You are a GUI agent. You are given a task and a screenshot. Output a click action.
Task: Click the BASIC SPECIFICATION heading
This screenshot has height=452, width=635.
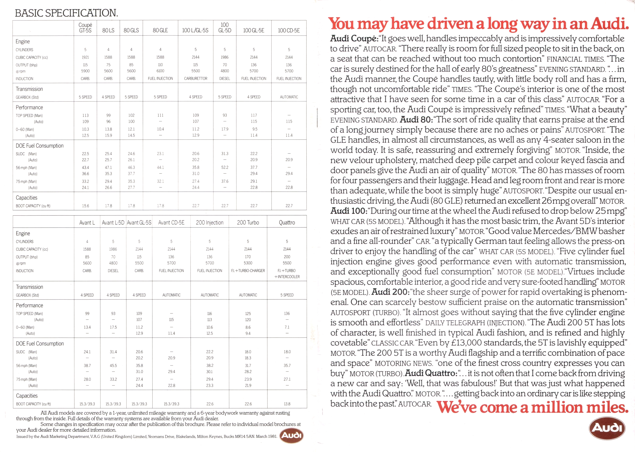click(x=66, y=13)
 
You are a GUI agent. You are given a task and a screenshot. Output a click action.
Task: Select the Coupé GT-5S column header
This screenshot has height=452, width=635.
click(x=85, y=28)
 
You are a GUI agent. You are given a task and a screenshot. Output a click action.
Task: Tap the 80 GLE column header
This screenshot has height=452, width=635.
click(x=160, y=30)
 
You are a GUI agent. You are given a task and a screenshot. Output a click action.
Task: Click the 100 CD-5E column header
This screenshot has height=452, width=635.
click(x=289, y=30)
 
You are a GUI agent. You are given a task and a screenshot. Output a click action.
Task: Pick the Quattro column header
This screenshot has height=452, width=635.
click(x=287, y=222)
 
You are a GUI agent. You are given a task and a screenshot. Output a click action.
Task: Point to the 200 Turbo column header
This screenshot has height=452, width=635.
click(x=248, y=222)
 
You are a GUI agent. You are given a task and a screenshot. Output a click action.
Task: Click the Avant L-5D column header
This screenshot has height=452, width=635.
click(x=113, y=222)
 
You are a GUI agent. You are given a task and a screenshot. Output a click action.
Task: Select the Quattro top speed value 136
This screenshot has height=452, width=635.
click(x=287, y=313)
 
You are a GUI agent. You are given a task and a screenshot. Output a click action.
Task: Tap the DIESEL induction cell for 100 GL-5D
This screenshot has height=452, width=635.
click(x=225, y=78)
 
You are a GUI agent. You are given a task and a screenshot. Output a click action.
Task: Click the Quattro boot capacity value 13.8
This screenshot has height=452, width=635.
click(x=287, y=404)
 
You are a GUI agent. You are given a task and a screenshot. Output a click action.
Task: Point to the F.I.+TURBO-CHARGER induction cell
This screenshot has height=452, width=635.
click(x=248, y=271)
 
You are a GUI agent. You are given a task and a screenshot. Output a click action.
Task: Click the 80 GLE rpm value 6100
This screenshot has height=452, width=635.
click(x=160, y=71)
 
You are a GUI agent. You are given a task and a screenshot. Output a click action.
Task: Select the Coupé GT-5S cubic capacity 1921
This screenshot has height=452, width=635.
click(x=85, y=57)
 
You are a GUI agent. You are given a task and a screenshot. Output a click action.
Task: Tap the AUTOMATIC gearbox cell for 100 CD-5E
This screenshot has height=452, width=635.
click(x=289, y=97)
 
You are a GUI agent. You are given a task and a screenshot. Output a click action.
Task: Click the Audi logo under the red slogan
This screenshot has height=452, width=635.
click(x=607, y=428)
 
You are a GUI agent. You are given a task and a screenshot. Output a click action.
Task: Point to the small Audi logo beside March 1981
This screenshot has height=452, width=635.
click(x=291, y=435)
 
